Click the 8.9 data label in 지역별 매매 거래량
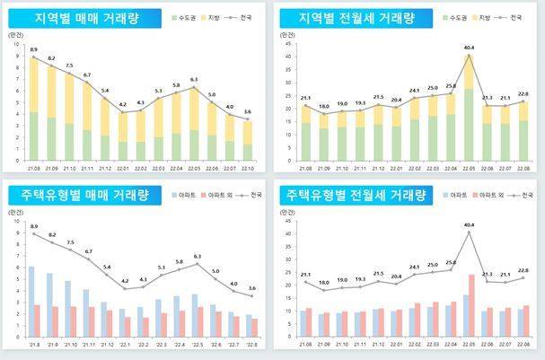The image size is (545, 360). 33,49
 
